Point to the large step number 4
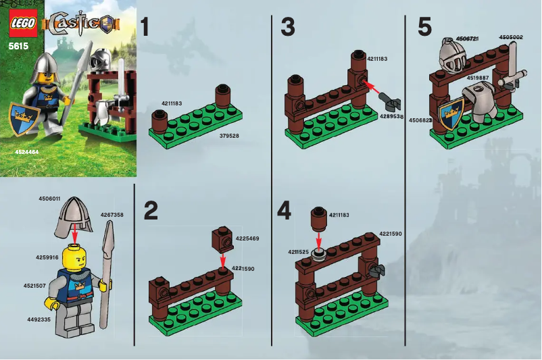[285, 211]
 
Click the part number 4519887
[478, 78]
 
